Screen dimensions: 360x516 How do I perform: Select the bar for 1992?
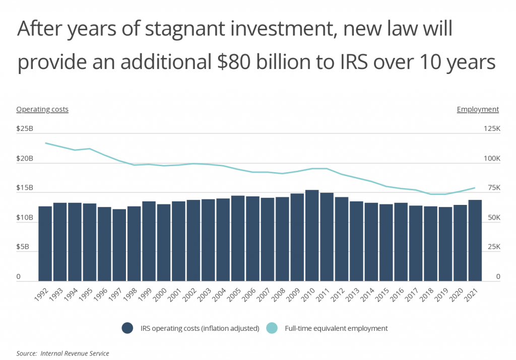tap(45, 244)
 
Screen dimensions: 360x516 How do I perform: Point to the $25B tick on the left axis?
tap(25, 129)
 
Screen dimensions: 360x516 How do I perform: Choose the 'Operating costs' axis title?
tap(42, 109)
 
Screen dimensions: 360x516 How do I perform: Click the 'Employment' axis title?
tap(478, 109)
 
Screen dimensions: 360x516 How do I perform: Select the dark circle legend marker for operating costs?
tap(127, 328)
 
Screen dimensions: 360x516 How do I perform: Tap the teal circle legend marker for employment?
tap(281, 328)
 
